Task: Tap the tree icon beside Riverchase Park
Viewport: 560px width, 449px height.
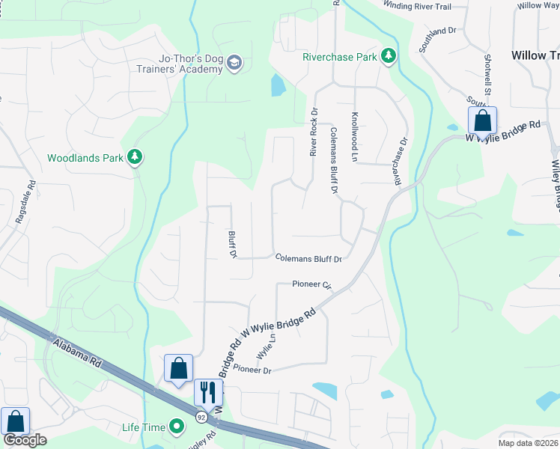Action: point(388,56)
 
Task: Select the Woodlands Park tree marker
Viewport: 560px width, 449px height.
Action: point(135,157)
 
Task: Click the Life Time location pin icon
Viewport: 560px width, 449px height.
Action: point(177,427)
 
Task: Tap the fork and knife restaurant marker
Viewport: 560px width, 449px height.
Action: point(209,391)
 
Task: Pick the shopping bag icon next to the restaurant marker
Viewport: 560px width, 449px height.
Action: point(178,368)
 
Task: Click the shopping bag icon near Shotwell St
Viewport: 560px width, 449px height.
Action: point(482,120)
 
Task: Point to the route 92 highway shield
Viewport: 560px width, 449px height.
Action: point(201,415)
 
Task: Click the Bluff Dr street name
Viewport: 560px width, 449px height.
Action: point(232,245)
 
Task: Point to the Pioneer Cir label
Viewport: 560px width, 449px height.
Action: point(312,284)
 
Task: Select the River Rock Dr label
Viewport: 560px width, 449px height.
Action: point(314,132)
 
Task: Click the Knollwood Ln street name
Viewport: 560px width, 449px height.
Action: point(355,137)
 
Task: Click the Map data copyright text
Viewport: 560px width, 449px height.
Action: point(529,443)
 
